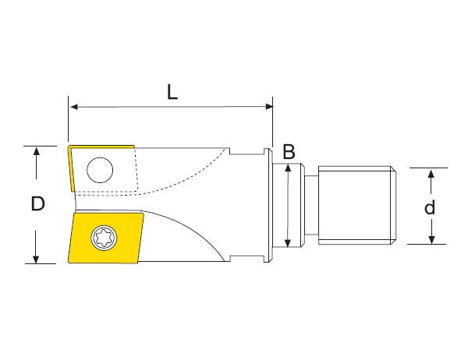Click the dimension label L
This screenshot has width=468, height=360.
click(x=172, y=91)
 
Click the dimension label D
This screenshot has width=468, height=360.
click(x=37, y=204)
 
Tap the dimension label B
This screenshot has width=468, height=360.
click(x=289, y=152)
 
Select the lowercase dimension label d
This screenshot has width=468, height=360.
click(x=429, y=207)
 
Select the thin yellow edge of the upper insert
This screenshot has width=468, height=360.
click(x=70, y=168)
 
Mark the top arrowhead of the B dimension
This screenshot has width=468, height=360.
click(x=289, y=168)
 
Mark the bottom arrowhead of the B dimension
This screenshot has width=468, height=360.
click(x=289, y=243)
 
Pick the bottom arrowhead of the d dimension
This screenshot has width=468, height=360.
click(x=429, y=238)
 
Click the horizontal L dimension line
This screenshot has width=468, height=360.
click(x=172, y=107)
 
